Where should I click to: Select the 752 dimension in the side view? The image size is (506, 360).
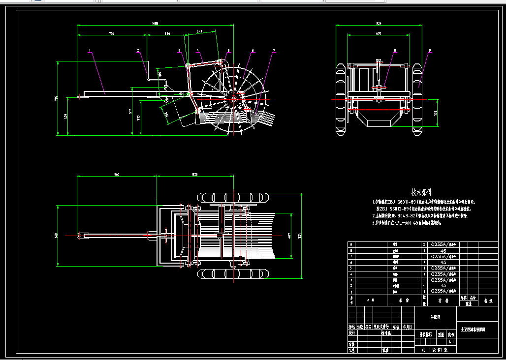pyautogui.click(x=112, y=34)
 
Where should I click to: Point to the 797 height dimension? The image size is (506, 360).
pyautogui.click(x=56, y=98)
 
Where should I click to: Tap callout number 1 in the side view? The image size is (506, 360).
pyautogui.click(x=90, y=50)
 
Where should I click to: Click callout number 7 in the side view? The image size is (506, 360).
pyautogui.click(x=274, y=50)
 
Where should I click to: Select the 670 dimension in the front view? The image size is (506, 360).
pyautogui.click(x=378, y=33)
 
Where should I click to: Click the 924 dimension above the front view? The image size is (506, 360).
pyautogui.click(x=378, y=23)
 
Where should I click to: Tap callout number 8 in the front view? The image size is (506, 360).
pyautogui.click(x=394, y=50)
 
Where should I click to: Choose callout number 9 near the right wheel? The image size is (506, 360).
pyautogui.click(x=429, y=50)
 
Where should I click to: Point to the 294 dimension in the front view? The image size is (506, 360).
pyautogui.click(x=436, y=113)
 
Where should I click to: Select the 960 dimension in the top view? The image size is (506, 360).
pyautogui.click(x=117, y=174)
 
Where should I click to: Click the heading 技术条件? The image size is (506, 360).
pyautogui.click(x=421, y=192)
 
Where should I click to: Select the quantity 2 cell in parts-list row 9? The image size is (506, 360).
pyautogui.click(x=424, y=244)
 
